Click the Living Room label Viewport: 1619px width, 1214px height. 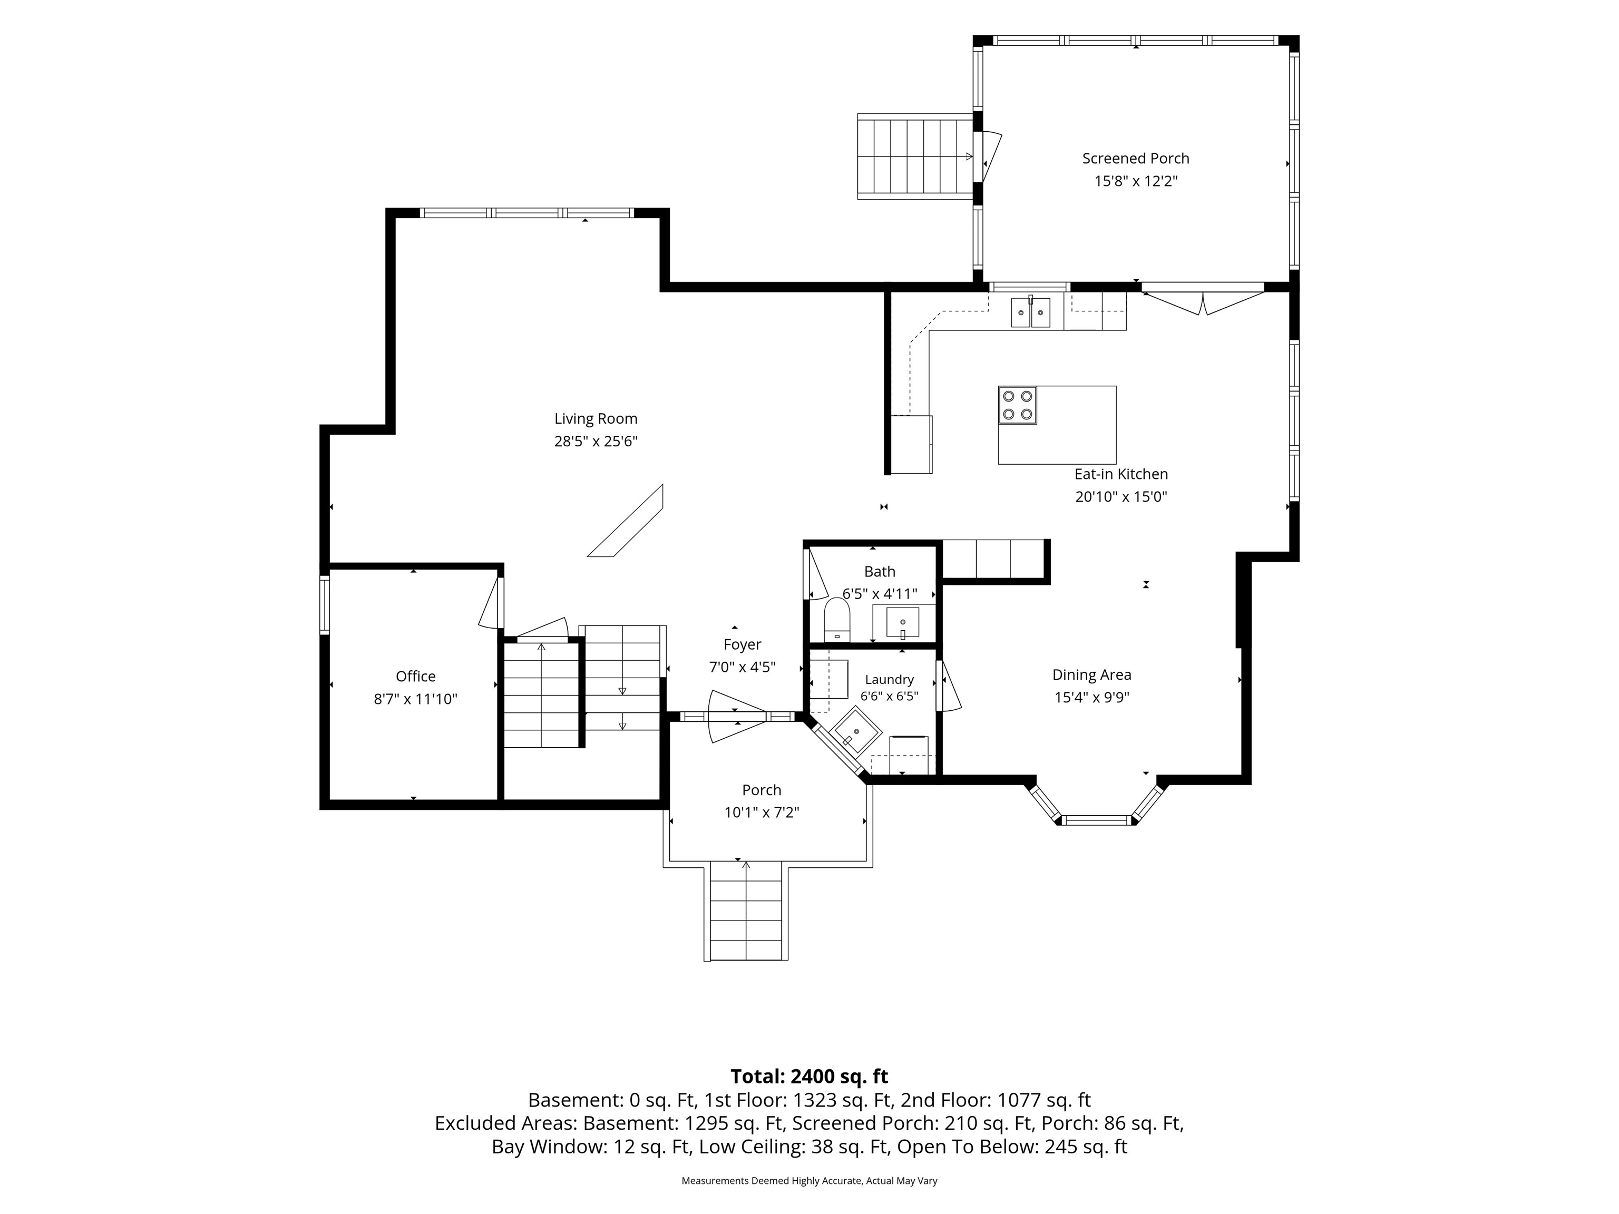[x=596, y=418]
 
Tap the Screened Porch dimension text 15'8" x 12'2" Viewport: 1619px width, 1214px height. [x=1135, y=181]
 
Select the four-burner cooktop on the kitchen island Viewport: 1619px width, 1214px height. [x=1017, y=405]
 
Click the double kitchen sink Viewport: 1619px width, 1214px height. [x=1030, y=312]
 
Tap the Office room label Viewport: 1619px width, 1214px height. [x=416, y=676]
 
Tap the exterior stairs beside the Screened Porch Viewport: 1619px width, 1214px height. [x=915, y=156]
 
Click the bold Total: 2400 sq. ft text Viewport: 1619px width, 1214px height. [x=809, y=1076]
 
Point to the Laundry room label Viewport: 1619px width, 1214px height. [x=889, y=680]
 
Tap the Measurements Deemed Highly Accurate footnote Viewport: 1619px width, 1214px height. [x=809, y=1180]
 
